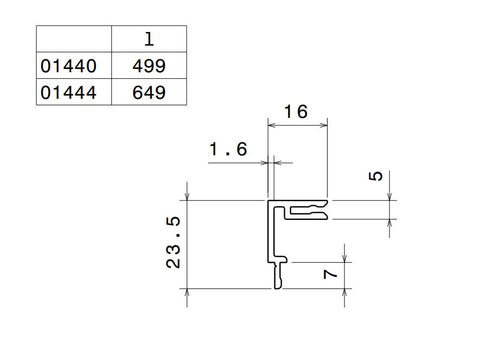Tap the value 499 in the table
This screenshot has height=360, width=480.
coord(149,65)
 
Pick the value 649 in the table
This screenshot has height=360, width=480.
coord(149,92)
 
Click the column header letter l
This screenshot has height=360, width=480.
coord(149,39)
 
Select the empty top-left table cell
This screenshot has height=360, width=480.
coord(74,39)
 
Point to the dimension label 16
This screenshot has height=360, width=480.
coord(296,112)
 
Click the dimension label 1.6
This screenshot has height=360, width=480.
coord(228,149)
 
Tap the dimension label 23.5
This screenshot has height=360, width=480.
coord(173,242)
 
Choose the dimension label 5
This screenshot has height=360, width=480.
coord(376,176)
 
